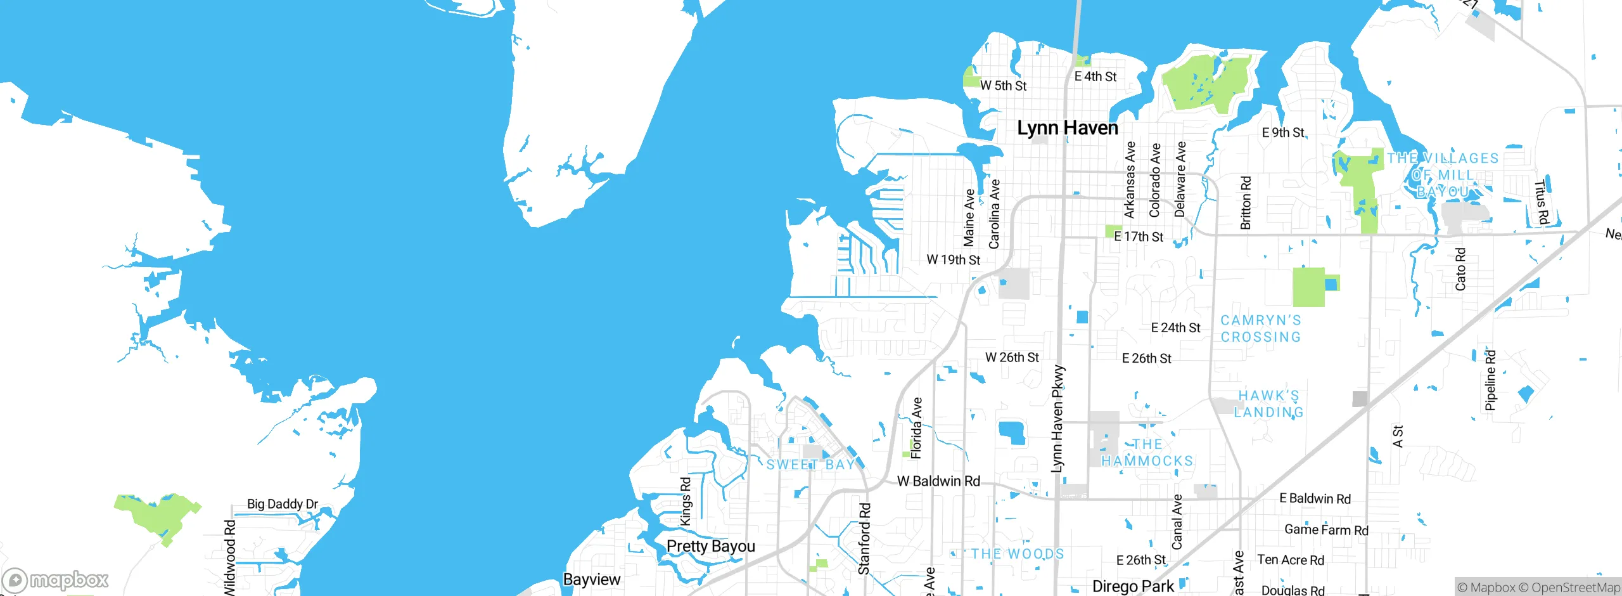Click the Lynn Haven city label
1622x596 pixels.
click(x=1068, y=128)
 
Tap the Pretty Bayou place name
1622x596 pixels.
click(x=710, y=546)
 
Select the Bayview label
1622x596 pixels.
click(x=592, y=580)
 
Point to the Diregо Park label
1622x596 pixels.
click(x=1133, y=586)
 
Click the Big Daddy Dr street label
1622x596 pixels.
click(x=282, y=504)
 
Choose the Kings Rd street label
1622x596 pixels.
click(x=686, y=502)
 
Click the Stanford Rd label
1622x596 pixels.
click(x=864, y=539)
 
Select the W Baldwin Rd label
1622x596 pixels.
click(x=938, y=481)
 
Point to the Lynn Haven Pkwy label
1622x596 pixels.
click(x=1057, y=418)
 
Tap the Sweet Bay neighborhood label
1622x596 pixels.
click(x=810, y=465)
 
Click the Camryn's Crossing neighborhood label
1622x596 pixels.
click(x=1261, y=328)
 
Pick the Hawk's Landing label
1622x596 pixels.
click(x=1268, y=404)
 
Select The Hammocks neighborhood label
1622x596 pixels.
click(x=1147, y=453)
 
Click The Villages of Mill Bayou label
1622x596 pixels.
click(x=1443, y=174)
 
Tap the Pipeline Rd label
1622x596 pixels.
click(x=1490, y=380)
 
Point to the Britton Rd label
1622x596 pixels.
click(x=1246, y=202)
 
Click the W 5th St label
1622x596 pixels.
click(x=1003, y=86)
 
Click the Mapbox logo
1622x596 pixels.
click(x=56, y=580)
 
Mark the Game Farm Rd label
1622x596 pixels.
click(x=1326, y=530)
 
